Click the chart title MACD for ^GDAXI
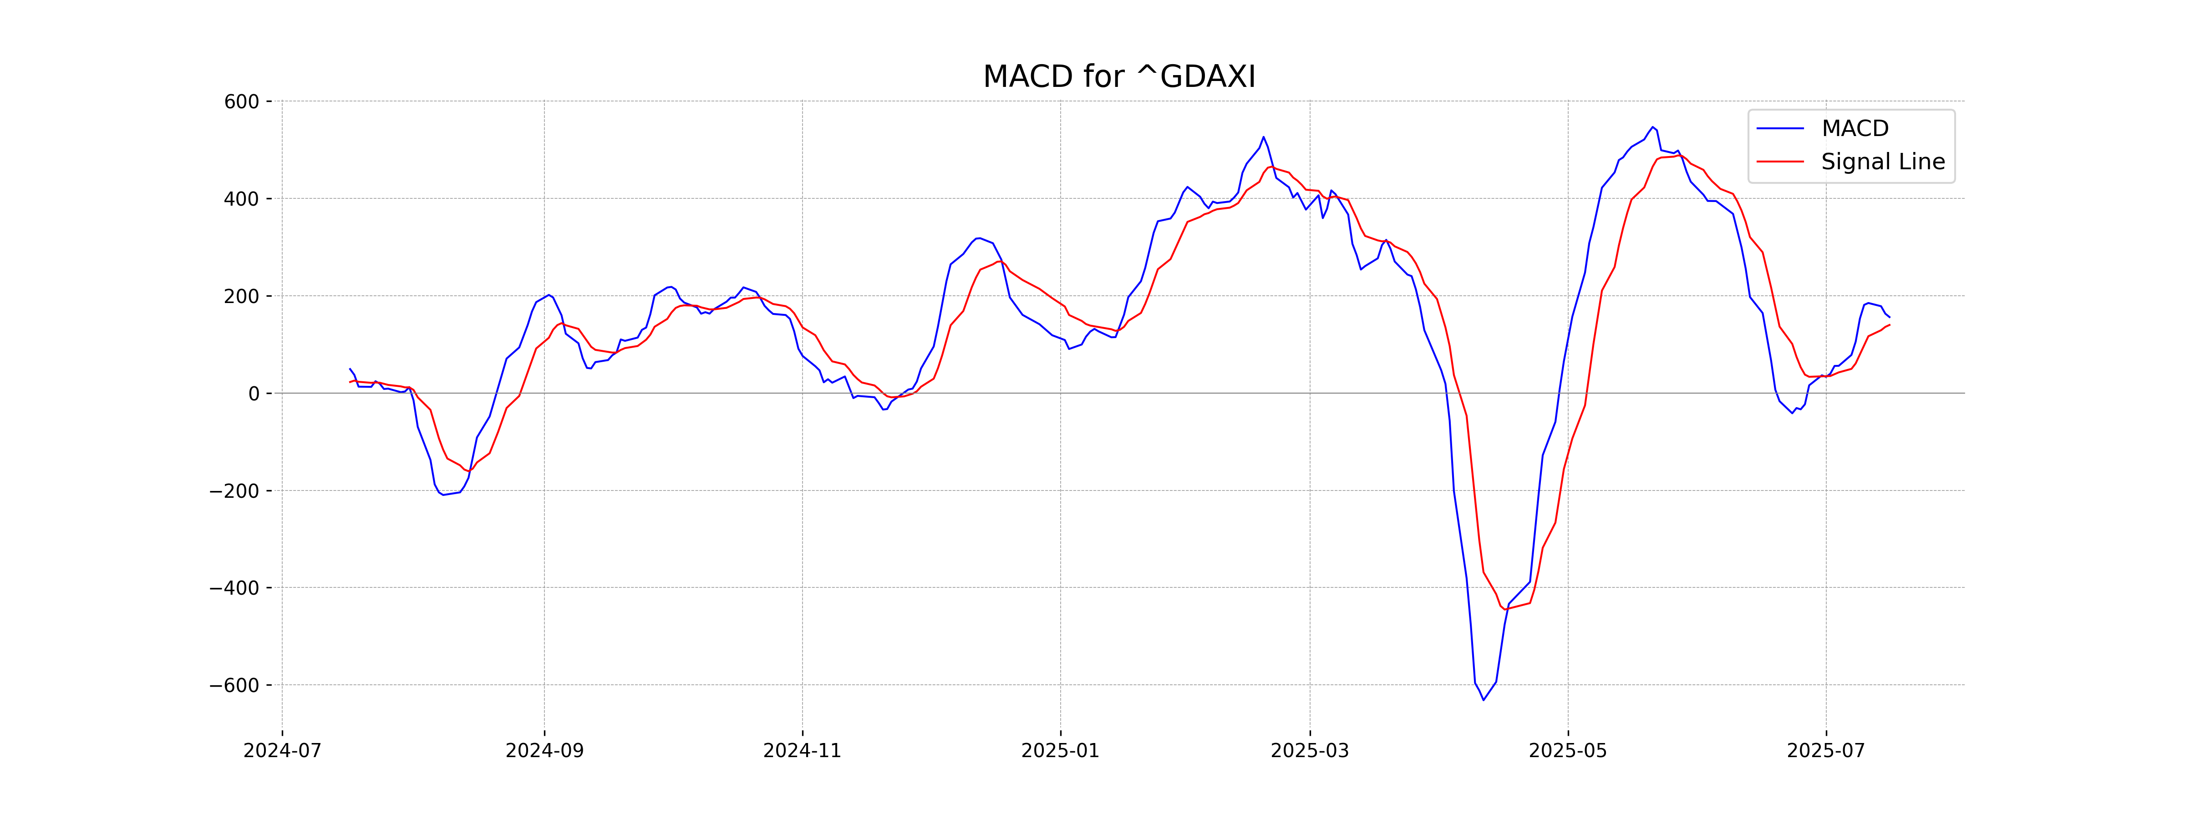(1119, 77)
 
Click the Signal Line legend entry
(1882, 162)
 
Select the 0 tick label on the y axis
(254, 394)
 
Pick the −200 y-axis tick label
(234, 491)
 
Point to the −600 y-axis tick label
(234, 685)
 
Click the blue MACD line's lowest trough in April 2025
(1484, 699)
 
